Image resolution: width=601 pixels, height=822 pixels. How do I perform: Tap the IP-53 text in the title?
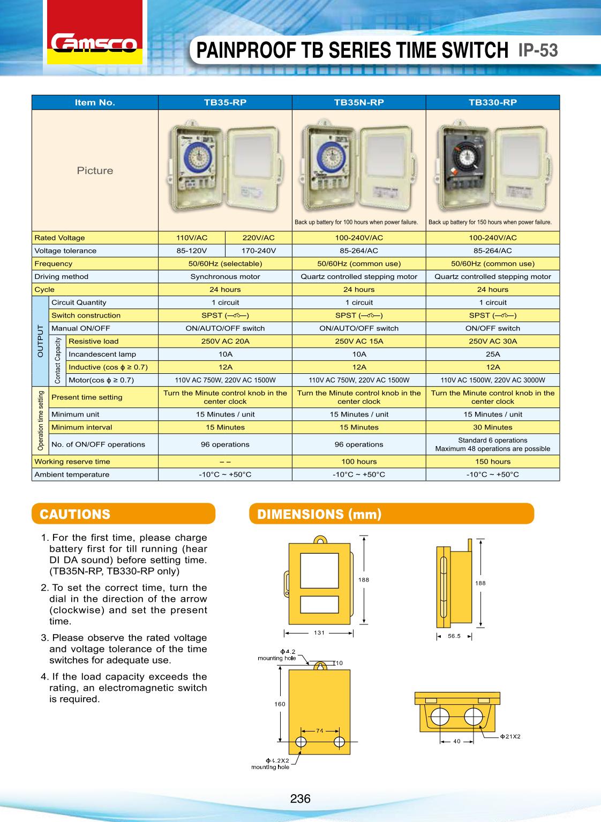point(538,50)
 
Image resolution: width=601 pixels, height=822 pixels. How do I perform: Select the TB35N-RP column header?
point(359,102)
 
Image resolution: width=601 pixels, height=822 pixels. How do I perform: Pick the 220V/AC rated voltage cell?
point(259,238)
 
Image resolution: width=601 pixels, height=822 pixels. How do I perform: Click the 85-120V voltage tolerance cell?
point(192,251)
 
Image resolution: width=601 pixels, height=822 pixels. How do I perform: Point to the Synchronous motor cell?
point(225,277)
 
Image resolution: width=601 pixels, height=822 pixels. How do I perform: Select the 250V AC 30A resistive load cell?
point(493,341)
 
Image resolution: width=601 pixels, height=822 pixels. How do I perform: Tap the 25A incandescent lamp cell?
point(493,354)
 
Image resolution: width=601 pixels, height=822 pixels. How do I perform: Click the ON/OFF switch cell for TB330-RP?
point(493,328)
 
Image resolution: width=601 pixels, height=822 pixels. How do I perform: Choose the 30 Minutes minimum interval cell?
point(493,427)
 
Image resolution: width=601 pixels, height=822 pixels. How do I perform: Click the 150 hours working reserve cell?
point(493,462)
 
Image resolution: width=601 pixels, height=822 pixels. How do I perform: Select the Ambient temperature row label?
point(72,474)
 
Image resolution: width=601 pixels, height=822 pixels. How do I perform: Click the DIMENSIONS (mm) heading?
point(319,514)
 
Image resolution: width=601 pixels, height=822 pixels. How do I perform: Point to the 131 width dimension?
point(319,632)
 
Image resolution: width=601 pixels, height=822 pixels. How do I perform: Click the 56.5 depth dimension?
point(454,637)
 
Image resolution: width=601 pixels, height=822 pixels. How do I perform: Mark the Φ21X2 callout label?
point(510,736)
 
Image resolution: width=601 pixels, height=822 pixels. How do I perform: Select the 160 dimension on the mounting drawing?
point(280,704)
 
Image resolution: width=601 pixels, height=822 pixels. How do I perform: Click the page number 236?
point(300,798)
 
